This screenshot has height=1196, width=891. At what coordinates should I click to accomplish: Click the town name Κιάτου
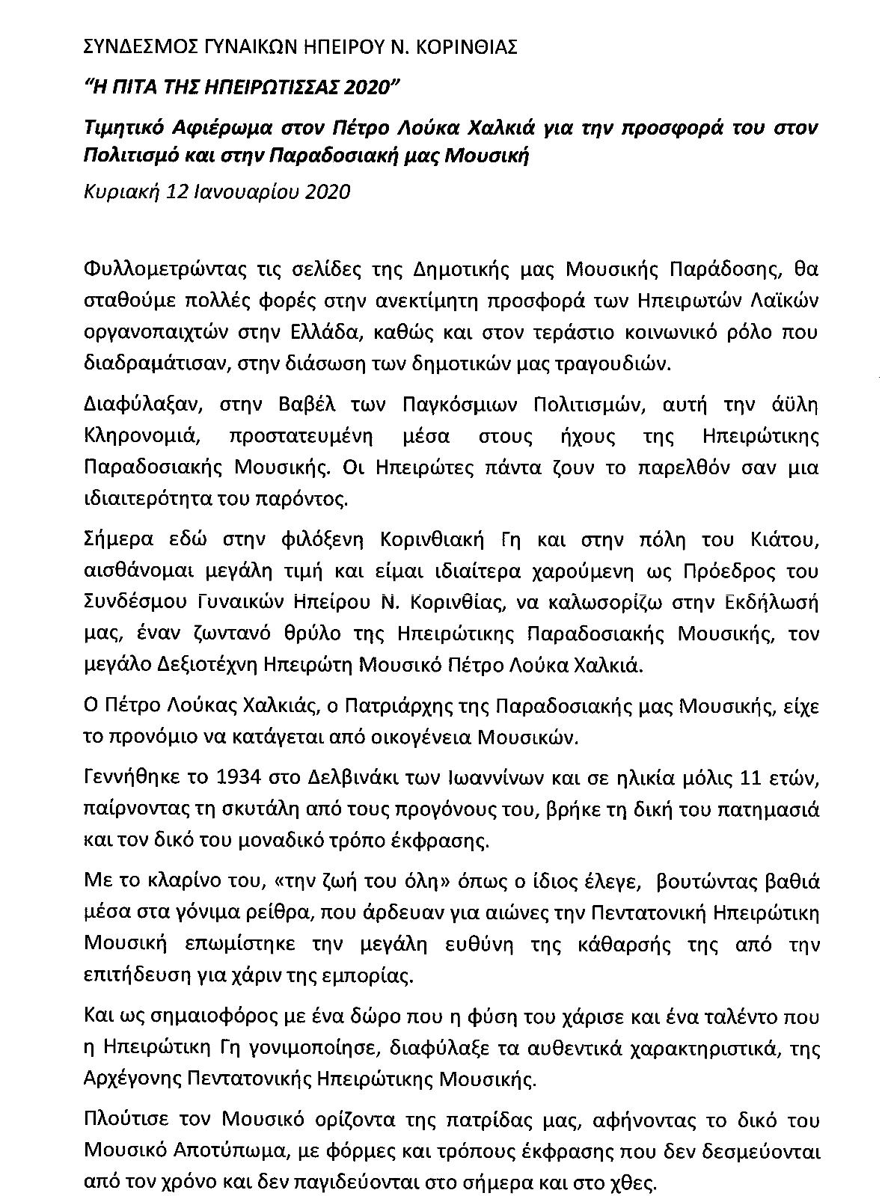coord(782,540)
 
